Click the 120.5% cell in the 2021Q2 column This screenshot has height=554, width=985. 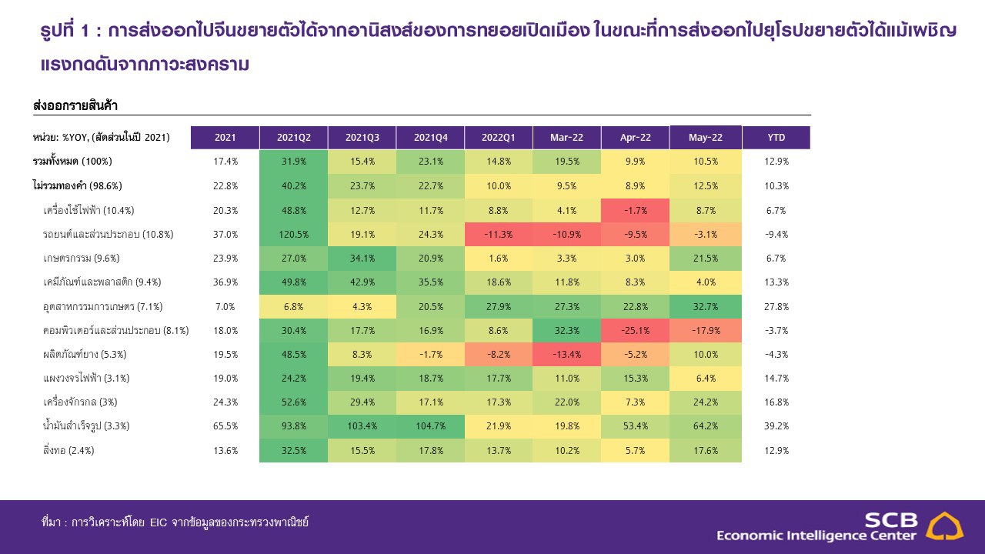293,234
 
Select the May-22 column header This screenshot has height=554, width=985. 705,138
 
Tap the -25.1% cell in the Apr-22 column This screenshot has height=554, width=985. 635,330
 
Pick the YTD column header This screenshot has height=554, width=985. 776,138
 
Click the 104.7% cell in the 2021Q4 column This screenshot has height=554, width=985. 430,426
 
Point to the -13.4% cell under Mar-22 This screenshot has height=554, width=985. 566,354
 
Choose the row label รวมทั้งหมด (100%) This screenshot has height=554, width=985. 72,162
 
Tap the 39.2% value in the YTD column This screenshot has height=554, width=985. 776,426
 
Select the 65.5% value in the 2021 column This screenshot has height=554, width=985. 225,426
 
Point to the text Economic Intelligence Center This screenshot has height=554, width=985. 816,536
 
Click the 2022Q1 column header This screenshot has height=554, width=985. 498,138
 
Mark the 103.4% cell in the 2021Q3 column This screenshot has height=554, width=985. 362,426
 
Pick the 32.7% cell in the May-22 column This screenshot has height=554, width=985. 705,306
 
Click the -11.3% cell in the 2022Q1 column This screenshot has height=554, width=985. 498,234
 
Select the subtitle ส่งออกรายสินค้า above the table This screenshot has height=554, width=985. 75,105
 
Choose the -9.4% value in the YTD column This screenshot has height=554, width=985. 776,234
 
